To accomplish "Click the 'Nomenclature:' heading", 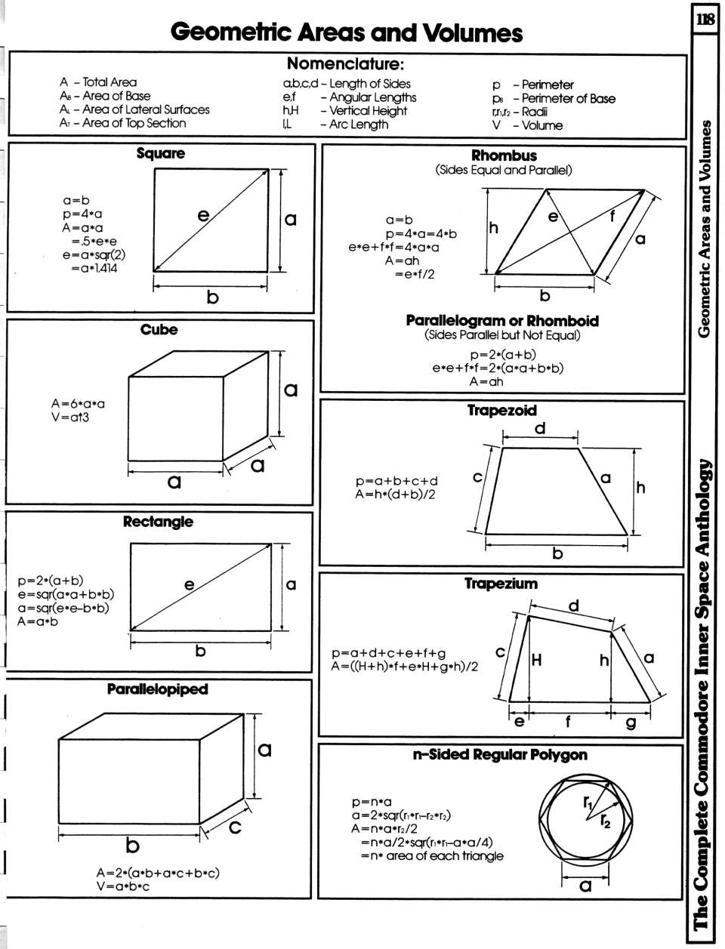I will [346, 64].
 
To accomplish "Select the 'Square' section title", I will [160, 153].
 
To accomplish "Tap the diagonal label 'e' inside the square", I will [202, 215].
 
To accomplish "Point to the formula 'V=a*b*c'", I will [123, 886].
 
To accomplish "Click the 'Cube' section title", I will [159, 330].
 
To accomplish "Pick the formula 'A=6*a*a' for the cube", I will [78, 403].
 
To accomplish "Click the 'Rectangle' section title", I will [158, 522].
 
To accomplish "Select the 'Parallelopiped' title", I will [157, 689].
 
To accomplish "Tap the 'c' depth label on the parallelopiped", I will [235, 827].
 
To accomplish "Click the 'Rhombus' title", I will [504, 156].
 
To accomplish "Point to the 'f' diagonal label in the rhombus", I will [613, 216].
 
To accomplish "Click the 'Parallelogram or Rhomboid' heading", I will [502, 321].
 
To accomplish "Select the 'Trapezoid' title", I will [501, 411].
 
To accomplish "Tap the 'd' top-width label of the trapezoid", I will [540, 429].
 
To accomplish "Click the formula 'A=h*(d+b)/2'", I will [395, 495].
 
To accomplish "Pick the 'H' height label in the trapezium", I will [536, 661].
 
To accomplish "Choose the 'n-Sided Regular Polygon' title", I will [500, 754].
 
